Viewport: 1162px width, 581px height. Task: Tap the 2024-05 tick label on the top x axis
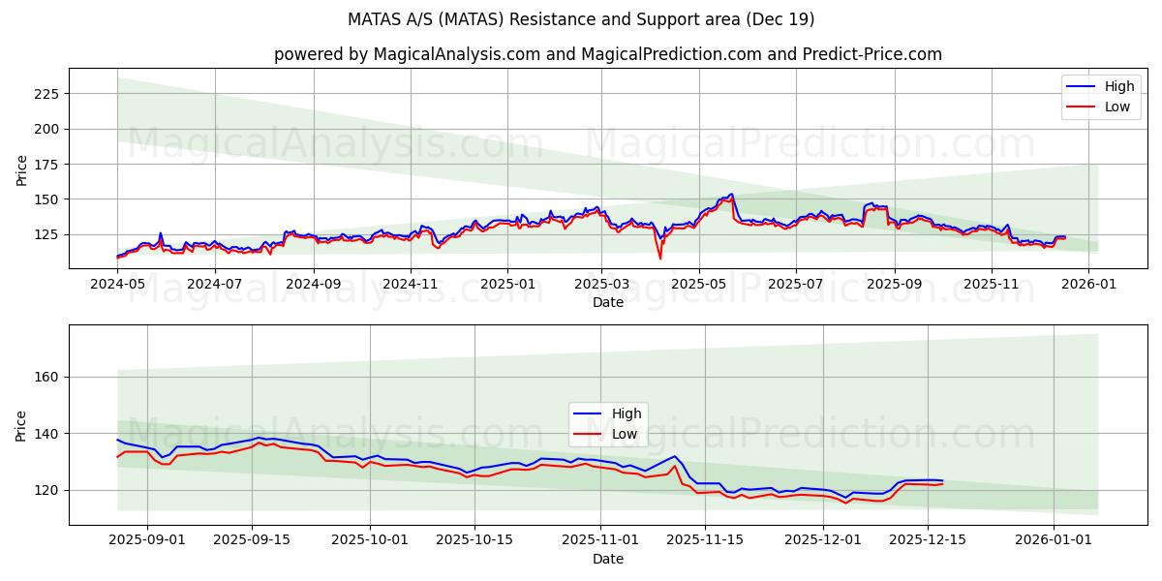pyautogui.click(x=117, y=285)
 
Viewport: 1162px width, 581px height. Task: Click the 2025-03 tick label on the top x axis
pyautogui.click(x=601, y=285)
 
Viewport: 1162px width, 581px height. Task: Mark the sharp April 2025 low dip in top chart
pyautogui.click(x=660, y=258)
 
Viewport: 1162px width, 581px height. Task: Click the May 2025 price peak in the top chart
pyautogui.click(x=731, y=195)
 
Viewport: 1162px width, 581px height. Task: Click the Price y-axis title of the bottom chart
pyautogui.click(x=21, y=425)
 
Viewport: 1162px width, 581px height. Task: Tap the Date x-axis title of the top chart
pyautogui.click(x=607, y=302)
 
